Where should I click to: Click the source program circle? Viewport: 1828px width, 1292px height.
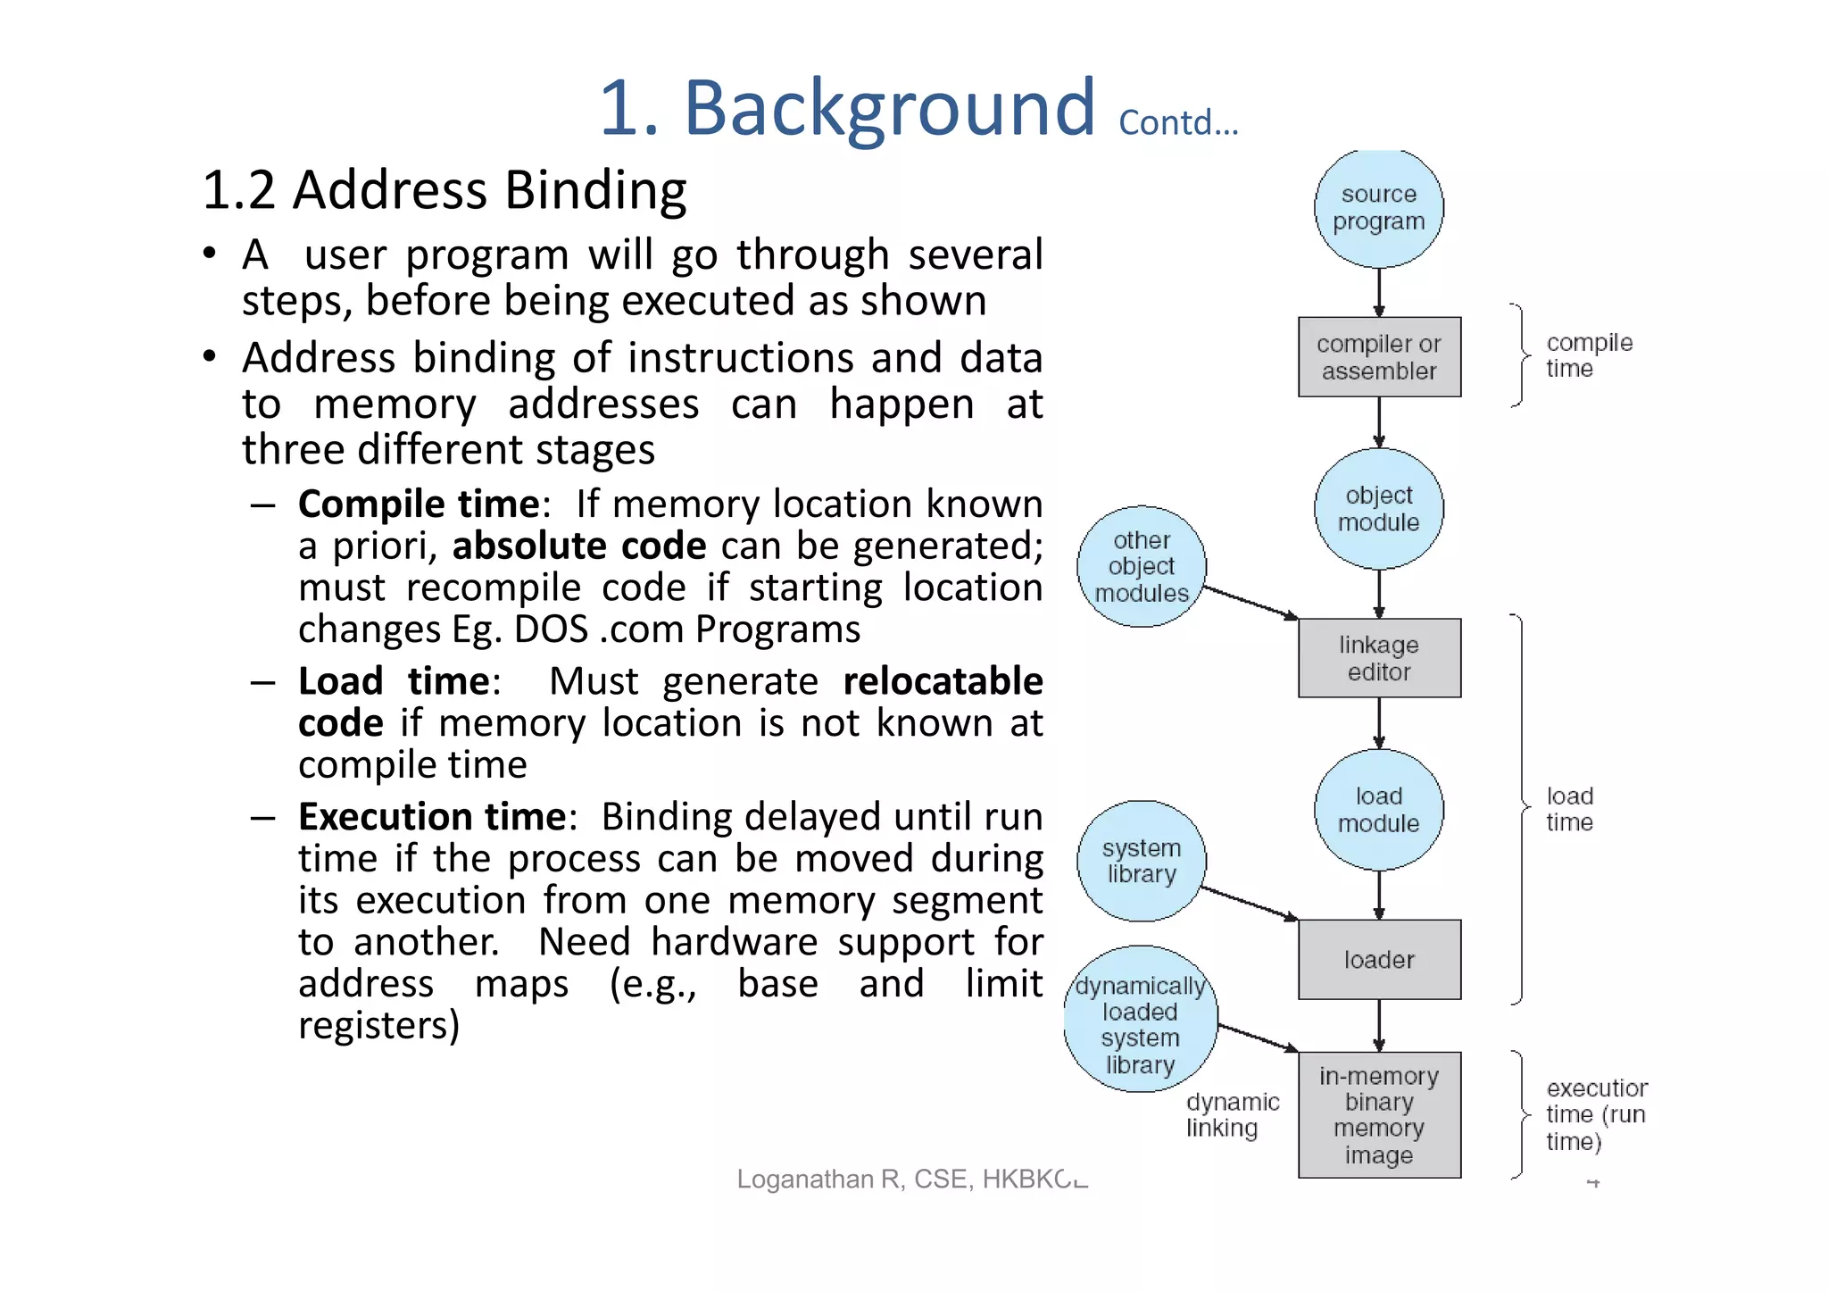click(x=1378, y=208)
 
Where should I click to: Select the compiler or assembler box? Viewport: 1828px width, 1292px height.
click(x=1378, y=357)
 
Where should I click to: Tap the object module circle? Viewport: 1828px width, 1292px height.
click(x=1378, y=509)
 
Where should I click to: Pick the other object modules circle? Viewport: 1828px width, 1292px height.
click(x=1141, y=567)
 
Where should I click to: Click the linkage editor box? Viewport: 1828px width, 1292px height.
click(x=1378, y=658)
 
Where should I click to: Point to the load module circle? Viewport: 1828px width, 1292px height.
click(x=1378, y=810)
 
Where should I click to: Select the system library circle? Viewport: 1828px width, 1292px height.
click(x=1141, y=861)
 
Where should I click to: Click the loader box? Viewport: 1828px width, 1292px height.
click(x=1378, y=960)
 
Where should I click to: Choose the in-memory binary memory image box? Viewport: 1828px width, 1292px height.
click(x=1378, y=1115)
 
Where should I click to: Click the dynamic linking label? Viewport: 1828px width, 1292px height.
click(x=1231, y=1115)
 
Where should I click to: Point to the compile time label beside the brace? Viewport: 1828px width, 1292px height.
click(x=1588, y=355)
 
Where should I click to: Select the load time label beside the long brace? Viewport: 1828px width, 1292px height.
click(x=1569, y=809)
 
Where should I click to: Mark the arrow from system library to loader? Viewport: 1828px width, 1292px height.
click(x=1250, y=904)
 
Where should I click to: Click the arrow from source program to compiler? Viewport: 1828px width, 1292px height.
click(x=1378, y=292)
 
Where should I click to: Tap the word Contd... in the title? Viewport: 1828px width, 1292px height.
click(x=1177, y=123)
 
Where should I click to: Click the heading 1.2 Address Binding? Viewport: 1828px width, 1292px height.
click(x=445, y=190)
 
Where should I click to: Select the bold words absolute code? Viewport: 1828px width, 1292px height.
click(x=579, y=546)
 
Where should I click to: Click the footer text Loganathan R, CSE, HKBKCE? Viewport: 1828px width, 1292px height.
click(x=911, y=1179)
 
